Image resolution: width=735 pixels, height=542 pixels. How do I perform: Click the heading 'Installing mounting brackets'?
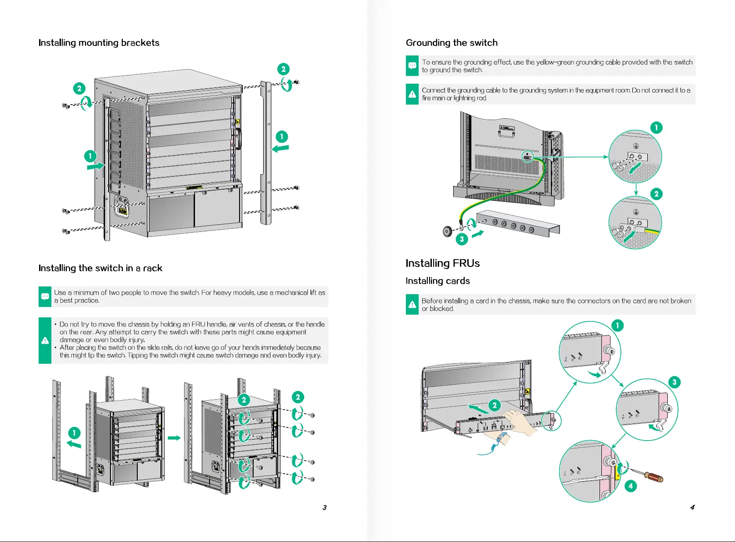[99, 43]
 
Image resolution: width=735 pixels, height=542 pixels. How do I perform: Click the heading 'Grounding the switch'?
[451, 43]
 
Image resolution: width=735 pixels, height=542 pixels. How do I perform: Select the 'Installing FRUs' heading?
[442, 263]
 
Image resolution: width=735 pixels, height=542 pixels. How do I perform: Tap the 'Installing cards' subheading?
[437, 281]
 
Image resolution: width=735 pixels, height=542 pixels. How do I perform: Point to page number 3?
[325, 507]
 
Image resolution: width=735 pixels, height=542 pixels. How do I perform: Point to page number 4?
[692, 507]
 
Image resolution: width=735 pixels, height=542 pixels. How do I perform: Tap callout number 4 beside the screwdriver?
[630, 486]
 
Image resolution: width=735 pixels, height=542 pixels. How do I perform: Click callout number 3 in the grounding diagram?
[462, 239]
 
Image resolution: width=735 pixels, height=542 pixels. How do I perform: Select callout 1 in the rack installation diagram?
[74, 433]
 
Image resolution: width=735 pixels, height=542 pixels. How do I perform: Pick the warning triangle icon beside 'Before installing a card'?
[412, 305]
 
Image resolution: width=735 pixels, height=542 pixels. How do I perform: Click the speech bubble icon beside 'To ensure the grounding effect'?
[412, 66]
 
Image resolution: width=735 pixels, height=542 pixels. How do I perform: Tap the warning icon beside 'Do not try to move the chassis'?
[45, 340]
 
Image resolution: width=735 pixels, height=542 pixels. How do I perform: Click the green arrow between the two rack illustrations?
[174, 438]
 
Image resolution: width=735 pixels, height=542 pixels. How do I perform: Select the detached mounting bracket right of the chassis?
[265, 152]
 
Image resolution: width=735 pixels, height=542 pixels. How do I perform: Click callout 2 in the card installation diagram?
[494, 405]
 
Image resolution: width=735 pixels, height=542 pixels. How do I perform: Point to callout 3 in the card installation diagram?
[674, 382]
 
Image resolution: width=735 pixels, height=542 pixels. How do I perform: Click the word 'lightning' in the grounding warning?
[465, 98]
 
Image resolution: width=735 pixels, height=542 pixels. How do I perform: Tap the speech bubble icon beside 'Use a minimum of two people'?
[45, 296]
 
